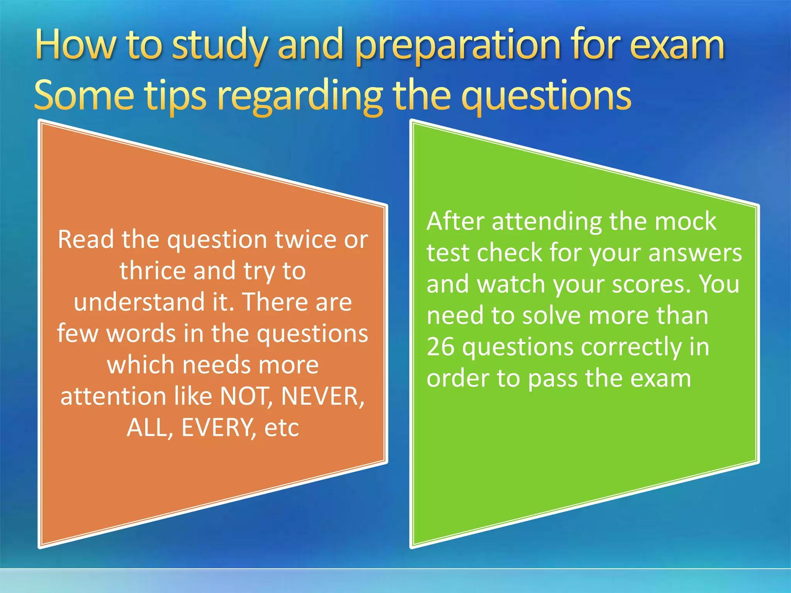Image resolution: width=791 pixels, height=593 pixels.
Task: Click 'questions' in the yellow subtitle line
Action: (x=546, y=96)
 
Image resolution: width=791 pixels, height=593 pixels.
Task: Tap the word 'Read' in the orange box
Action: (x=86, y=239)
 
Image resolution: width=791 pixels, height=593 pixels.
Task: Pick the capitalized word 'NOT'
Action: (x=244, y=396)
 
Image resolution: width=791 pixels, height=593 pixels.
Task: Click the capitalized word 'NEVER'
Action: (x=322, y=396)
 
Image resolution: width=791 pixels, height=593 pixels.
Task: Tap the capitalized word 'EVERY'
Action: (x=217, y=427)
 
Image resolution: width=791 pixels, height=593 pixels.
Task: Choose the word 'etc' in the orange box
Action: (x=282, y=427)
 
